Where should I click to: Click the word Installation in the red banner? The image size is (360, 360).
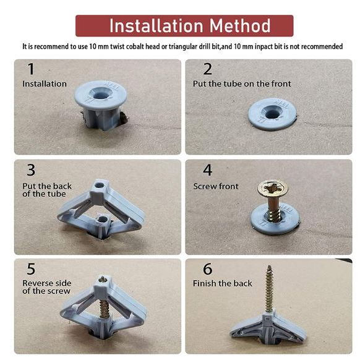coord(156,26)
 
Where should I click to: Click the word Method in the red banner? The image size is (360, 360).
coord(240,26)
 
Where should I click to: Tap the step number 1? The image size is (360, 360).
coord(31,69)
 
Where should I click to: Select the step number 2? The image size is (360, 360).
coord(208,69)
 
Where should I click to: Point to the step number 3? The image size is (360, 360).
coord(31,170)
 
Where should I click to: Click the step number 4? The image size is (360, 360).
coord(208,170)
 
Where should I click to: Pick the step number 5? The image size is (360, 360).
coord(31,269)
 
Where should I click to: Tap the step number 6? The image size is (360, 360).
coord(208,269)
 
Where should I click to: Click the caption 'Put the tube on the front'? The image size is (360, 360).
coord(242,84)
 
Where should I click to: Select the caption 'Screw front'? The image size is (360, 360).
coord(216,186)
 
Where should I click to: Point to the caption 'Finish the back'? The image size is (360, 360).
coord(223,283)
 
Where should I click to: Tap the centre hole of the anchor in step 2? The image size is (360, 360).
coord(272,113)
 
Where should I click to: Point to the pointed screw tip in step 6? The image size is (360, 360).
coord(269,266)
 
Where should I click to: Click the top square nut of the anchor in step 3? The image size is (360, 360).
coord(99,189)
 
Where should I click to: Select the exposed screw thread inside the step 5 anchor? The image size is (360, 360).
coord(105,309)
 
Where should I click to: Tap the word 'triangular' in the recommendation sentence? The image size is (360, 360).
coord(181,47)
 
